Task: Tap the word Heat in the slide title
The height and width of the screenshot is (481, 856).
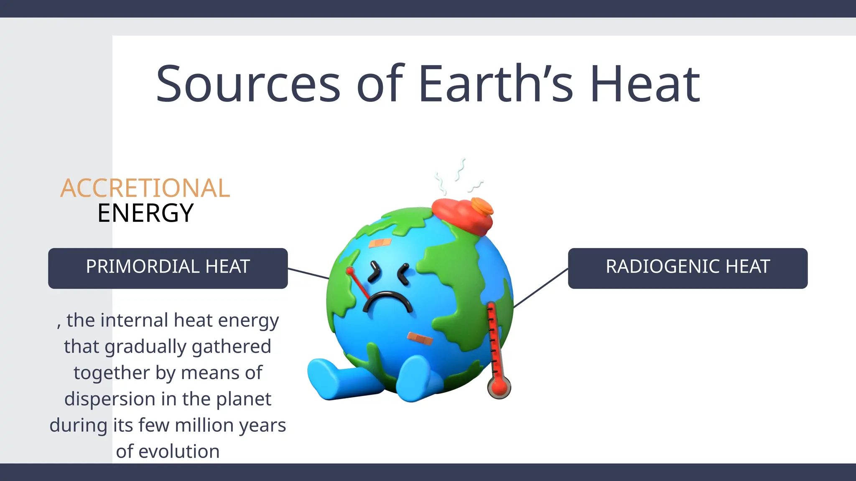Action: click(645, 84)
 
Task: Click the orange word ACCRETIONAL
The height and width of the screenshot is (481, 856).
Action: click(145, 188)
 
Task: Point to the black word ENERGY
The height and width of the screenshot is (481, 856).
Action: click(145, 213)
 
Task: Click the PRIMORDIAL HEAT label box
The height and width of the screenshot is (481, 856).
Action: click(168, 268)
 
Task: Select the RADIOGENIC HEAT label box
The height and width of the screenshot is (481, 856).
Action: click(688, 268)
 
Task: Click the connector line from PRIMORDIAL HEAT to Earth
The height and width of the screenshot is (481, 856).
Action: click(308, 273)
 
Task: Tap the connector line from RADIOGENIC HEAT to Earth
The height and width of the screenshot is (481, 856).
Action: click(540, 288)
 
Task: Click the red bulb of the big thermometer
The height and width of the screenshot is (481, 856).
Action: click(499, 387)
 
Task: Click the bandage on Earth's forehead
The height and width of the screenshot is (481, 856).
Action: click(380, 243)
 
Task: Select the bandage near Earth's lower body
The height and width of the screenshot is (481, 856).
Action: click(420, 339)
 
